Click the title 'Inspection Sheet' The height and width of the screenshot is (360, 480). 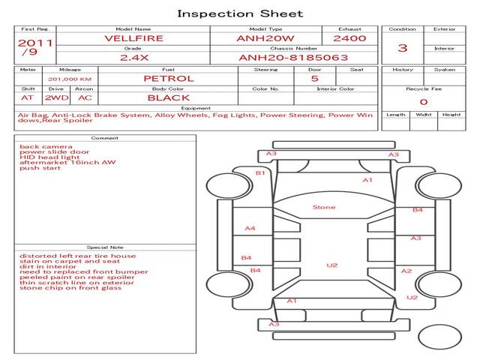(x=240, y=13)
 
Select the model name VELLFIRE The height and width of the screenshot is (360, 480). (x=133, y=38)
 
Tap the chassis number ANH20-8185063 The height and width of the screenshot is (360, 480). (x=293, y=58)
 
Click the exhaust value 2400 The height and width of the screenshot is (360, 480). (x=349, y=38)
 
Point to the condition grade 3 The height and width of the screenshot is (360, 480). (x=403, y=48)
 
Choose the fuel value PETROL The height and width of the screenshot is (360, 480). (x=169, y=79)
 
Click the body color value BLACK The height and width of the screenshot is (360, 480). (x=169, y=98)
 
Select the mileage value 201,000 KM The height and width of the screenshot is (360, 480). (x=70, y=79)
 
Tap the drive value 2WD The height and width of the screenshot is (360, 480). (x=57, y=98)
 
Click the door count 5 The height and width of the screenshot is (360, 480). (x=315, y=79)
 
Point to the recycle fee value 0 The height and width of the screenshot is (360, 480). (x=424, y=102)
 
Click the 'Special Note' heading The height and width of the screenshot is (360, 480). (x=105, y=247)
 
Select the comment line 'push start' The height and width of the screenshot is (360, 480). (x=40, y=168)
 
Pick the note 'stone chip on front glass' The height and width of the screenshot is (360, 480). (x=70, y=288)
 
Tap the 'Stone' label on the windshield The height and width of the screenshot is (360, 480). (x=324, y=207)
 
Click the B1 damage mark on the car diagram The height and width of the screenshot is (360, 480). (x=260, y=173)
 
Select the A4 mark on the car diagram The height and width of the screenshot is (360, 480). (x=250, y=228)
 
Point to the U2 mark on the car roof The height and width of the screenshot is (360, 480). (x=332, y=265)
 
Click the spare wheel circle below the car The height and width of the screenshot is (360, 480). (x=439, y=337)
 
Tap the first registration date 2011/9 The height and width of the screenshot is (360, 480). (x=35, y=47)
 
